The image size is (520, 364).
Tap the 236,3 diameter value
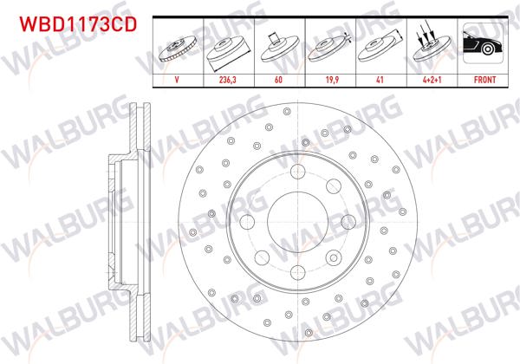point(228,78)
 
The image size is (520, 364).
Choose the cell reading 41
point(379,78)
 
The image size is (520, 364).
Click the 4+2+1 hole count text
point(429,78)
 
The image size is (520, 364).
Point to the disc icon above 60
point(278,47)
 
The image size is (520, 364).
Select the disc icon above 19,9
point(328,47)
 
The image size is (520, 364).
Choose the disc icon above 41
point(379,47)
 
